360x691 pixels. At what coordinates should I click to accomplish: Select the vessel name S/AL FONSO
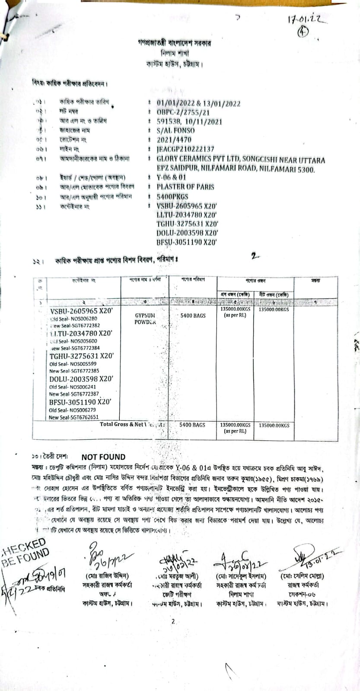pyautogui.click(x=175, y=130)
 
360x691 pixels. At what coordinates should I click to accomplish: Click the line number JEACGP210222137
pyautogui.click(x=185, y=149)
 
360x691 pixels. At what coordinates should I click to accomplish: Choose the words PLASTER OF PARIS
pyautogui.click(x=185, y=187)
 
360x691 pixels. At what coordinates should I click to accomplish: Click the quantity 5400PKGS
pyautogui.click(x=172, y=197)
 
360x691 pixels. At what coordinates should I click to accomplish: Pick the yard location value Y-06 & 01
pyautogui.click(x=172, y=178)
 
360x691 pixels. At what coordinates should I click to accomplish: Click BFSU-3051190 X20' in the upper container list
pyautogui.click(x=186, y=243)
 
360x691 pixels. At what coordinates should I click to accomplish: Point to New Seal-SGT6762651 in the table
pyautogui.click(x=73, y=418)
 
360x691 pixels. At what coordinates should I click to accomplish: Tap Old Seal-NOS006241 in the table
pyautogui.click(x=73, y=387)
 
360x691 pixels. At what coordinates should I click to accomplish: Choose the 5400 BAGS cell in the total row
pyautogui.click(x=192, y=425)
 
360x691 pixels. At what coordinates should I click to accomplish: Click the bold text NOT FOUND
pyautogui.click(x=103, y=457)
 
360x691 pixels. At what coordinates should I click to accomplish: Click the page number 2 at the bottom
pyautogui.click(x=173, y=622)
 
